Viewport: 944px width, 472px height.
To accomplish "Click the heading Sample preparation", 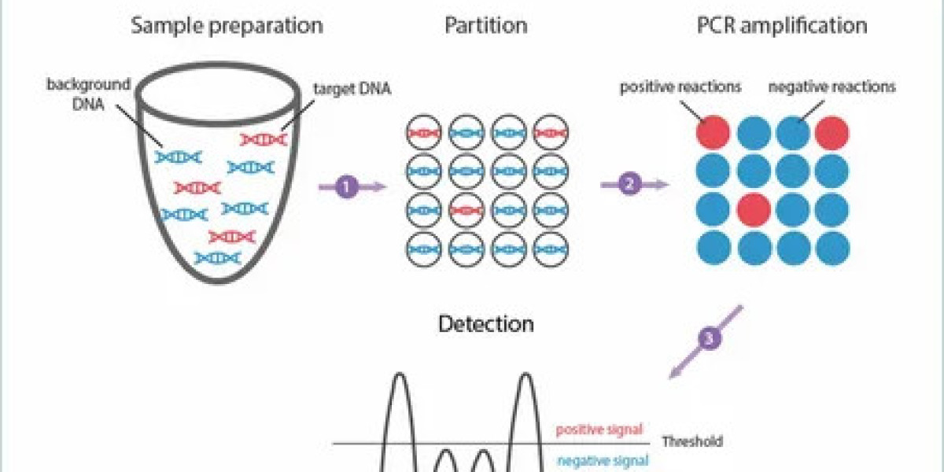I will [227, 25].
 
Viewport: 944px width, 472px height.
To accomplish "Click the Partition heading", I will [485, 25].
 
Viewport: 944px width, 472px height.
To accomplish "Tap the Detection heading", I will [485, 323].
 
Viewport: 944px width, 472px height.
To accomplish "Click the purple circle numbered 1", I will [347, 186].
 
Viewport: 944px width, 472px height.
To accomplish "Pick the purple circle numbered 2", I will [629, 185].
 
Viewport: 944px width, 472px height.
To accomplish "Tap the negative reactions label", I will [832, 87].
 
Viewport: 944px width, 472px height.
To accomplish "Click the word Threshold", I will [691, 442].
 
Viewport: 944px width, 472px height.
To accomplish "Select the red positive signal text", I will [600, 430].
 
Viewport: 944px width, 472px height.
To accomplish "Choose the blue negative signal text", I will [602, 461].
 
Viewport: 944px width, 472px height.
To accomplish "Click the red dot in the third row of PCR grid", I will [754, 209].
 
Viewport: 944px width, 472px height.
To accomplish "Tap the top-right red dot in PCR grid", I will [832, 132].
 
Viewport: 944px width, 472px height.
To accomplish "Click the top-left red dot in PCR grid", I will [714, 132].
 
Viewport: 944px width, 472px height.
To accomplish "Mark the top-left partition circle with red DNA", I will [425, 133].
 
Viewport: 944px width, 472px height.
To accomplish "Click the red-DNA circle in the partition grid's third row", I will [466, 211].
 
